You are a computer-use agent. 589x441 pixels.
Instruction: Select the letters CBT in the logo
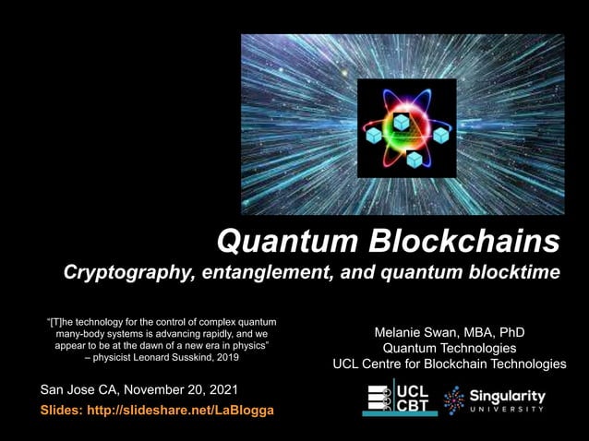pyautogui.click(x=412, y=404)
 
